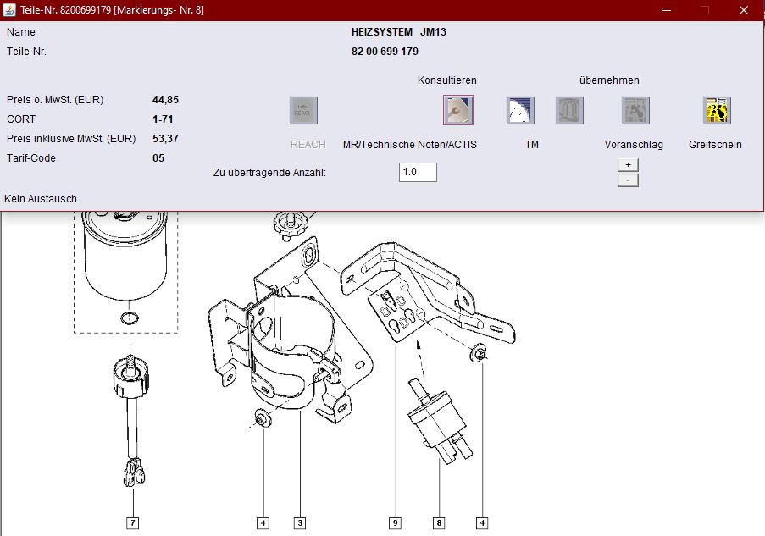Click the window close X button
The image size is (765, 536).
click(x=744, y=10)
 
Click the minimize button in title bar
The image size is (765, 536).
click(x=667, y=10)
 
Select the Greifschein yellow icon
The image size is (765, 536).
click(x=717, y=110)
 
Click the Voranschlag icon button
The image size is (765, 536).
click(x=635, y=110)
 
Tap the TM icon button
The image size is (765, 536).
click(x=520, y=110)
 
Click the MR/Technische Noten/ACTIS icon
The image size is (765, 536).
click(x=458, y=110)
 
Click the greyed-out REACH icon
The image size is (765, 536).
click(x=303, y=110)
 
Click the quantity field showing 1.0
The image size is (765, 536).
click(x=418, y=172)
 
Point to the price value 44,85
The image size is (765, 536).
click(x=165, y=100)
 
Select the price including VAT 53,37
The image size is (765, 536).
click(x=165, y=139)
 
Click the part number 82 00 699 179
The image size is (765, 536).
click(x=385, y=52)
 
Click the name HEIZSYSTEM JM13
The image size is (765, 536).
click(x=399, y=32)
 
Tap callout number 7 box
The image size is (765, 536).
click(x=133, y=523)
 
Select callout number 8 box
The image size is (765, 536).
click(x=439, y=523)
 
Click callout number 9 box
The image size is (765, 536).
click(x=395, y=523)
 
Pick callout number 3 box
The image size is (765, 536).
click(x=300, y=523)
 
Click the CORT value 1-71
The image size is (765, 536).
click(x=163, y=119)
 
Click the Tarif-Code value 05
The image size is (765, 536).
click(x=158, y=158)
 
